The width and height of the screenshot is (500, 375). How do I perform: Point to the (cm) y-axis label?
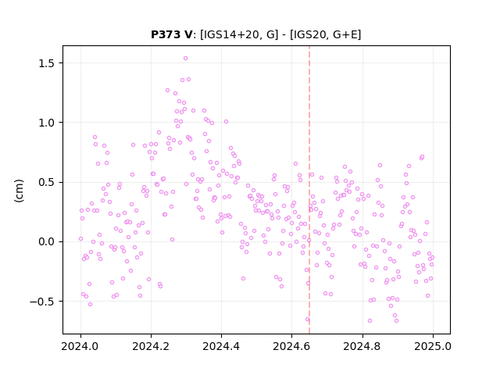(19, 191)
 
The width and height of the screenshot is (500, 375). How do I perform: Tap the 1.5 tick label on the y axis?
(47, 63)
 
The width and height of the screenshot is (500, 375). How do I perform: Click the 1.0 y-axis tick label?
(47, 123)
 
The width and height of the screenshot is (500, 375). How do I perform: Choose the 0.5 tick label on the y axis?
(47, 182)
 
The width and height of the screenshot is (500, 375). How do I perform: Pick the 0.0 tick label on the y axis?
(47, 241)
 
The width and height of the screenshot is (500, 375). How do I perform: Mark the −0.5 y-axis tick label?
(42, 302)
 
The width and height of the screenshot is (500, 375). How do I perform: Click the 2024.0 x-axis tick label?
(80, 346)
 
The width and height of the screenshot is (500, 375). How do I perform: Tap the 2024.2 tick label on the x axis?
(151, 346)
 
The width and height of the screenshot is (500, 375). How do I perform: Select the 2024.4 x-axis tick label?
(221, 346)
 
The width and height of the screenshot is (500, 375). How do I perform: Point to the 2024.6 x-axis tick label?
(291, 346)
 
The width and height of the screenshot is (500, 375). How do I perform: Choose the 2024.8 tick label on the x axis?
(362, 346)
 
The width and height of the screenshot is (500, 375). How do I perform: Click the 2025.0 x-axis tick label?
(433, 346)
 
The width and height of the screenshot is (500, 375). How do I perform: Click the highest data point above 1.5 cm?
(185, 59)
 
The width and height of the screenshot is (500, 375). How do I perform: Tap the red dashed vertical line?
(309, 190)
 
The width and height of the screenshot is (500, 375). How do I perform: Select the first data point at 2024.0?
(80, 238)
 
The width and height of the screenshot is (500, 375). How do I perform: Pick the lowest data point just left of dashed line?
(307, 320)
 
